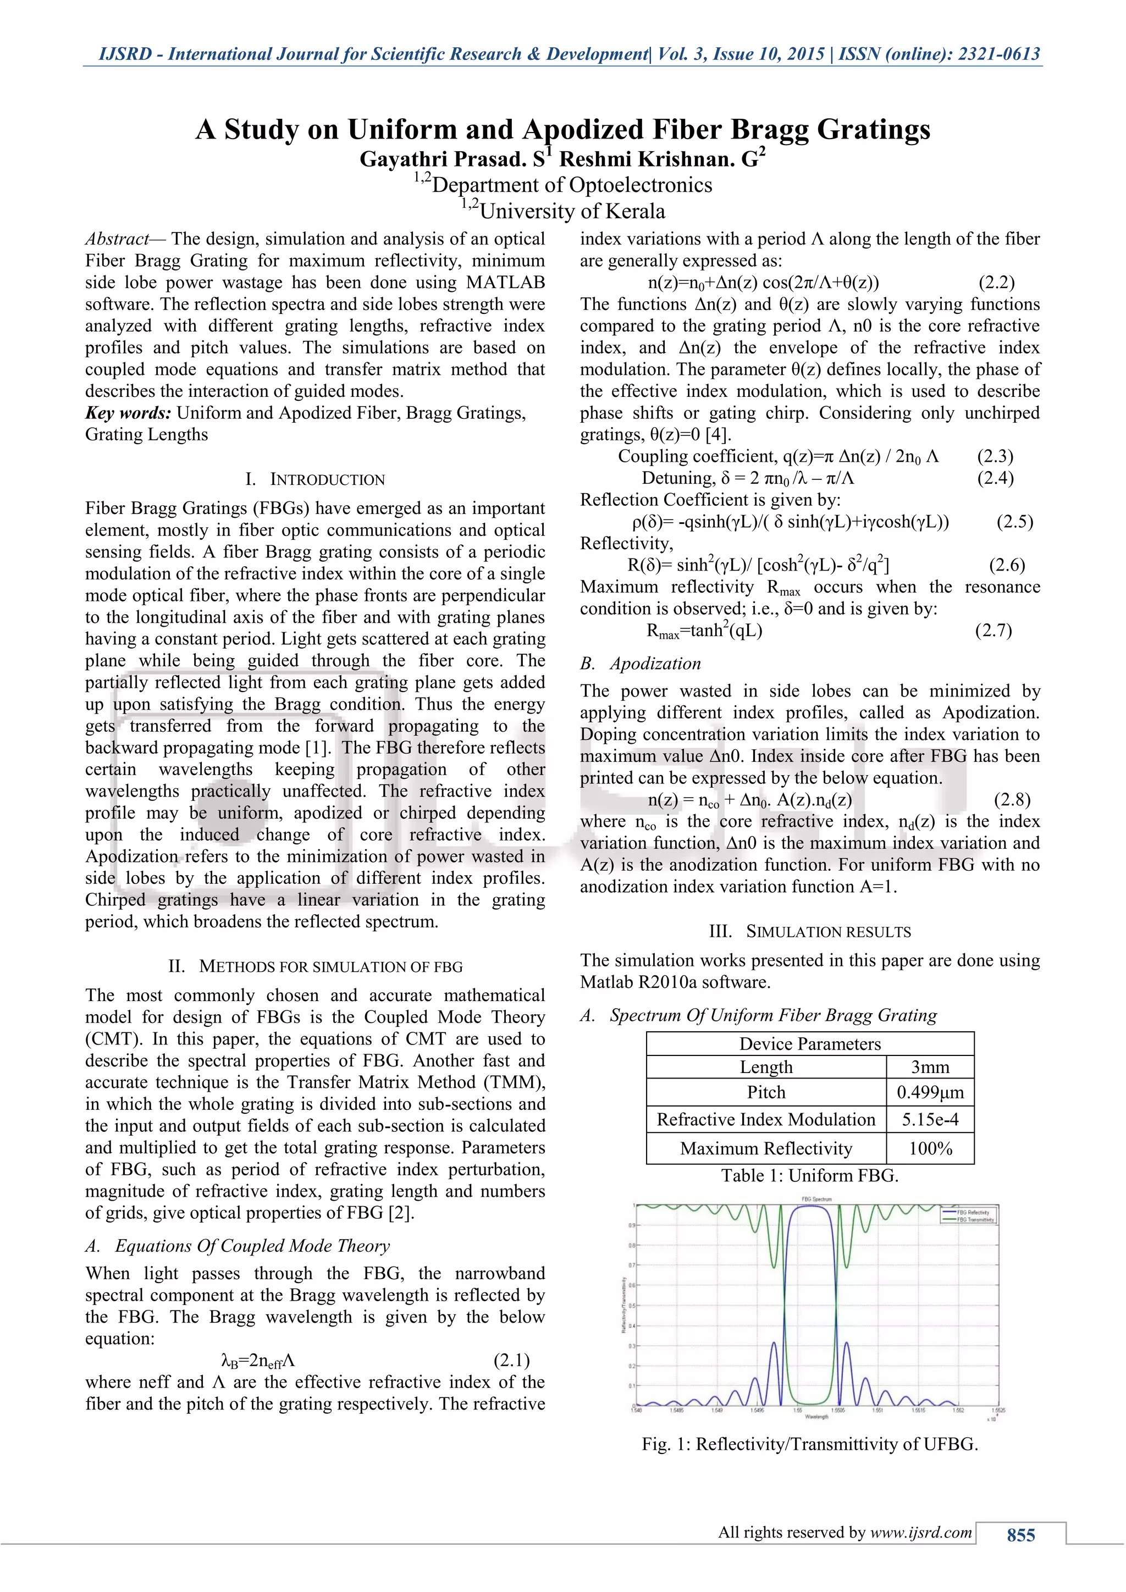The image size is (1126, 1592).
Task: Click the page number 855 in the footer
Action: (1020, 1535)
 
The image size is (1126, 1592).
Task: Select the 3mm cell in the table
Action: (930, 1067)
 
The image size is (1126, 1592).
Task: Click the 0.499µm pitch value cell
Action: (930, 1093)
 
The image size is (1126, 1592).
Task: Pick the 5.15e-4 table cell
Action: (930, 1120)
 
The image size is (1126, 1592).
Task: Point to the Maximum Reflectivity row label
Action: (765, 1149)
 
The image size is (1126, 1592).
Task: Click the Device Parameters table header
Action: (810, 1044)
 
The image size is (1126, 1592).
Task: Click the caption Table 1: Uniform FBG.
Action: (810, 1176)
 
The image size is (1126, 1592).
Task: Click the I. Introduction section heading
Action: (315, 480)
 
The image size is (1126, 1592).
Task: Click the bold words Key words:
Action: (128, 413)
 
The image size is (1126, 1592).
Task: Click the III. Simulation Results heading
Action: (810, 932)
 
